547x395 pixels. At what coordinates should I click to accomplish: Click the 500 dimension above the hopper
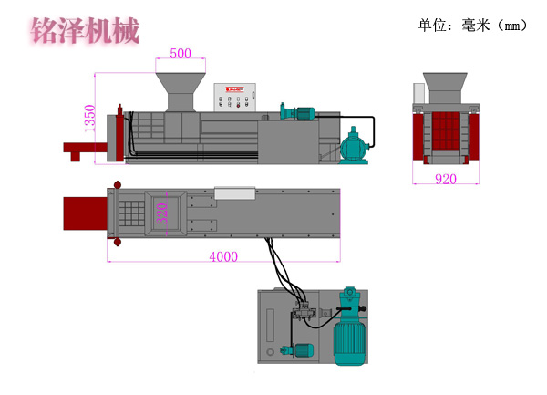[181, 53]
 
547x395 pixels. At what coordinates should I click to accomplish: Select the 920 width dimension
[445, 180]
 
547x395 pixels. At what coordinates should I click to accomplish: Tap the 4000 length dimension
[223, 257]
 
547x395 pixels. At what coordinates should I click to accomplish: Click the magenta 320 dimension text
[162, 213]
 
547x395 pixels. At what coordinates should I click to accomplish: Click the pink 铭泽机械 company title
[85, 30]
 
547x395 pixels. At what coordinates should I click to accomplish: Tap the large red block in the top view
[84, 213]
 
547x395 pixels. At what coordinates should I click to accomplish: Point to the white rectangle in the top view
[235, 192]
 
